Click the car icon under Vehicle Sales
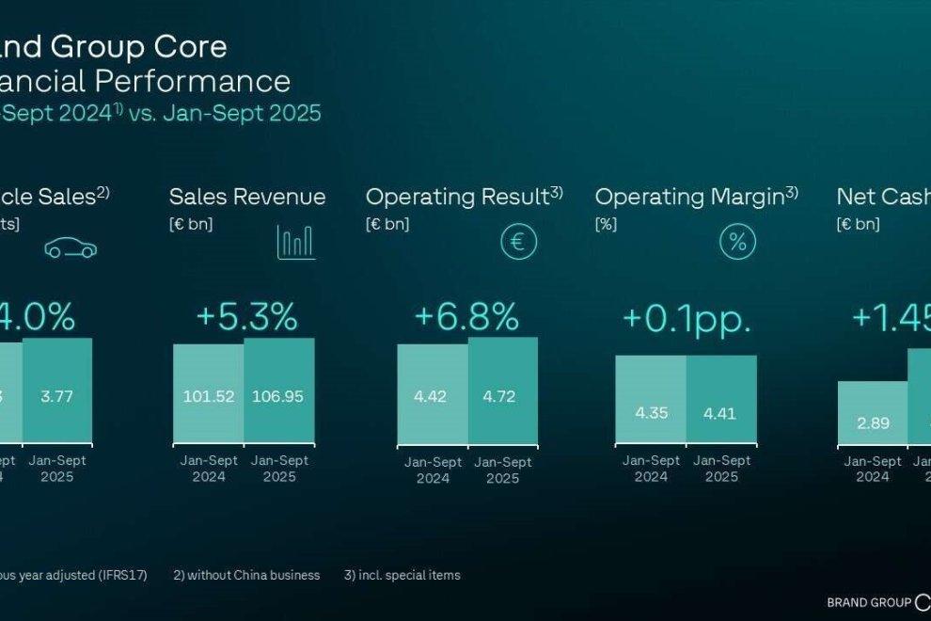[71, 248]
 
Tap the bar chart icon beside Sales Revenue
[296, 242]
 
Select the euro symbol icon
[518, 242]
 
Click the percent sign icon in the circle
[738, 242]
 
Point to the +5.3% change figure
[246, 317]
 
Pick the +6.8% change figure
[466, 317]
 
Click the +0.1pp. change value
[686, 319]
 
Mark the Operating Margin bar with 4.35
[651, 399]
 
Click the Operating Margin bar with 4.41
[721, 399]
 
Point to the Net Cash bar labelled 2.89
[873, 413]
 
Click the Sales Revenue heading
[247, 197]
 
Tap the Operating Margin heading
[690, 197]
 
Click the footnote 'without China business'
[246, 575]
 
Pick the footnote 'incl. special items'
[402, 575]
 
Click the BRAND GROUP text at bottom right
[868, 602]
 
